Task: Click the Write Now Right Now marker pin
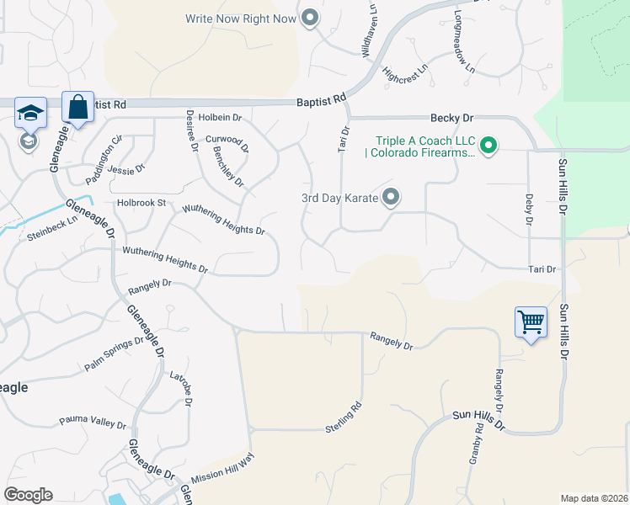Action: point(310,18)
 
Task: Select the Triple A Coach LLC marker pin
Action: point(488,146)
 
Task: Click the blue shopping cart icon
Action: point(531,322)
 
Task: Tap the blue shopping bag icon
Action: point(77,108)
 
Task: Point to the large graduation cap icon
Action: point(30,113)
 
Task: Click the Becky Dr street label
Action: point(451,119)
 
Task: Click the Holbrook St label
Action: point(141,203)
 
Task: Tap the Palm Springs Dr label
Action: point(115,354)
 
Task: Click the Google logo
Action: point(28,495)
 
